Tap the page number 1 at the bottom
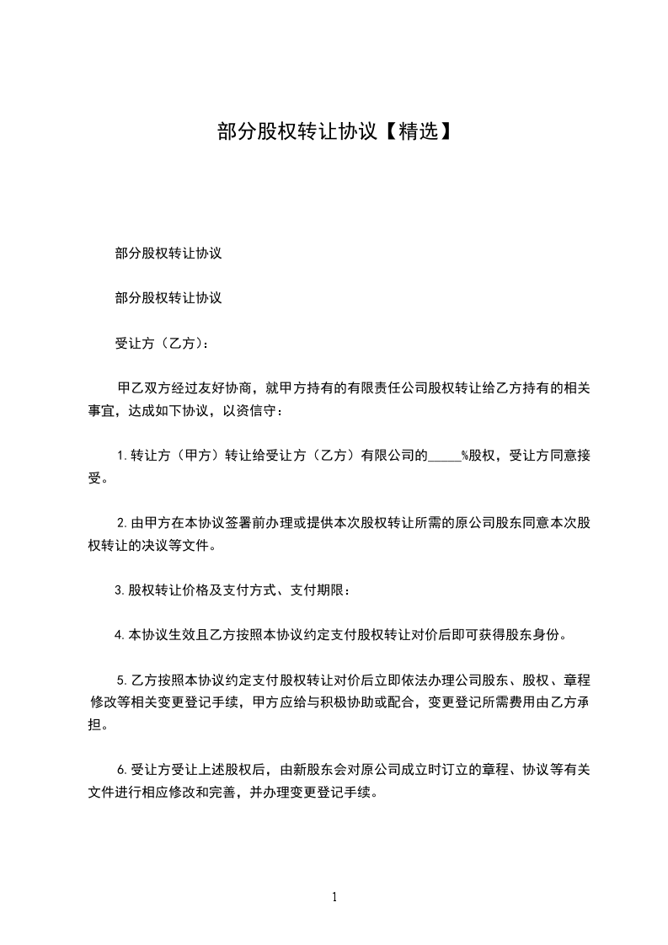(x=334, y=897)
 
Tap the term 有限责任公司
(x=387, y=388)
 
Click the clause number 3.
(x=119, y=590)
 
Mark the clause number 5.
(x=120, y=678)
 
